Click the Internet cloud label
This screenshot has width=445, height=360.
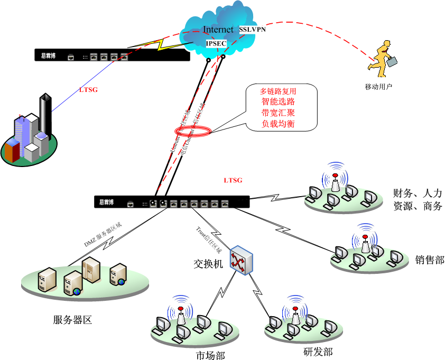pos(218,30)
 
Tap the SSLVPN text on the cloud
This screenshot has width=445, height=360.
pos(252,30)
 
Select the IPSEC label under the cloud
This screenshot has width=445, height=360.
pos(215,42)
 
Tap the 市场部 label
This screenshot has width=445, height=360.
pos(207,355)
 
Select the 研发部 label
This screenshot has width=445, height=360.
pos(318,352)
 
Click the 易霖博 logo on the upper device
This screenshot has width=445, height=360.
pos(48,54)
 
